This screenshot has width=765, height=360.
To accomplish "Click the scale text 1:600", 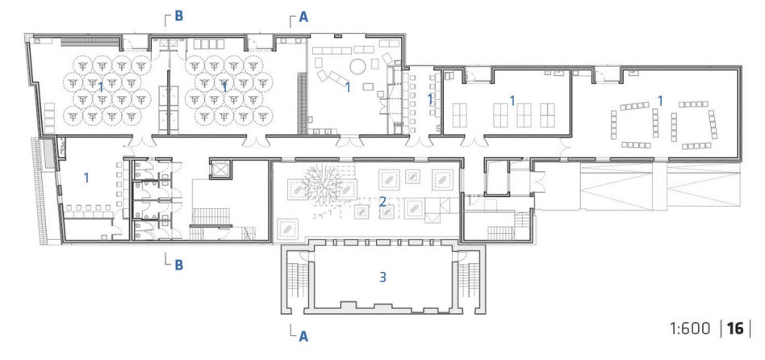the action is tap(690, 329).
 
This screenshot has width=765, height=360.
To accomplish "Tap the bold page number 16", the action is tap(735, 329).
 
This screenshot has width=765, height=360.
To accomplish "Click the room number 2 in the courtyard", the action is tap(383, 201).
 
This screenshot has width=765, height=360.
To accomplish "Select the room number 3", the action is tap(383, 277).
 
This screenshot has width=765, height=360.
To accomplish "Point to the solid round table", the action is tap(358, 66).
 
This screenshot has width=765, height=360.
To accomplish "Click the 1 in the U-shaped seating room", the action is tap(660, 101).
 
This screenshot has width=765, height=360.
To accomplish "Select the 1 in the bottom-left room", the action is tap(86, 178).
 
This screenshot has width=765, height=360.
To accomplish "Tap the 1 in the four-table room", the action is tap(512, 101).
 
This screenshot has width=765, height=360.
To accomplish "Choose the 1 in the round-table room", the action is tap(348, 87).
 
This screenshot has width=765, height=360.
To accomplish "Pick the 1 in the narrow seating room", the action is tap(430, 99).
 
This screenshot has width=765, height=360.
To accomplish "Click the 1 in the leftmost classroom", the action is tap(101, 87).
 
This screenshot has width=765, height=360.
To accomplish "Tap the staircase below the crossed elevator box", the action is tap(211, 217).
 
